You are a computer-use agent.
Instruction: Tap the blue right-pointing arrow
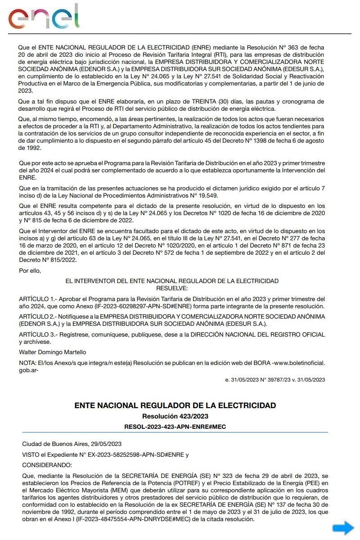click(x=343, y=528)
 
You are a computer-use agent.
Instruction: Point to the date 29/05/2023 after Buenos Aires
click(x=106, y=443)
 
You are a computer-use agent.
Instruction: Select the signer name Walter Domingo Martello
click(x=52, y=352)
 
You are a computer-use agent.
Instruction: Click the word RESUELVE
click(x=172, y=288)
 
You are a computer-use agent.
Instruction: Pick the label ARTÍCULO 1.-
click(x=37, y=299)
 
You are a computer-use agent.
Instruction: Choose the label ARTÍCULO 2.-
click(x=37, y=317)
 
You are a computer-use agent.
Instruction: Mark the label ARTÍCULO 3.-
click(x=37, y=334)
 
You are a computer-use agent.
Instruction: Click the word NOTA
click(x=26, y=363)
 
